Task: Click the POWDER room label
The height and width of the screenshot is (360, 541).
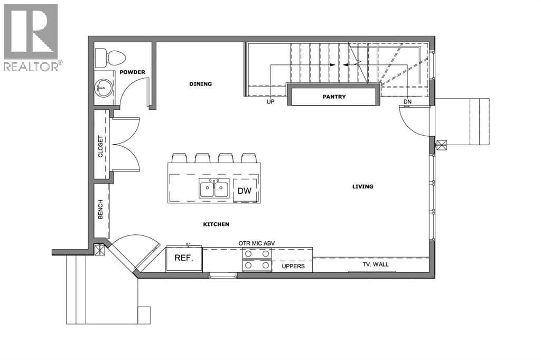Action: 132,72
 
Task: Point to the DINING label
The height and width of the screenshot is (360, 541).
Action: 200,84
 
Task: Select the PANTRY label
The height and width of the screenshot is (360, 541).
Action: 334,97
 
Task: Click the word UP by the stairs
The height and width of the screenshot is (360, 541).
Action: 270,102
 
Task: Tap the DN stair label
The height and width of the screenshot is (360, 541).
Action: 407,102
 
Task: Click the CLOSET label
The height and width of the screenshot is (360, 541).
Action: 100,146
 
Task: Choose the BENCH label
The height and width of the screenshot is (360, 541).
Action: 100,209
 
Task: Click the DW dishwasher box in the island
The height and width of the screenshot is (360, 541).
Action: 245,191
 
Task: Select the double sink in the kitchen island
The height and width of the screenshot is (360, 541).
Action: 214,188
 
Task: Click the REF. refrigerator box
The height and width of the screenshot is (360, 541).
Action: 184,259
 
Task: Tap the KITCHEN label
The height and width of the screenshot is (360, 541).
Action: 216,224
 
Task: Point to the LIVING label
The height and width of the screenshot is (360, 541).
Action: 362,186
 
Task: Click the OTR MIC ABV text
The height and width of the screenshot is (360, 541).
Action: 257,243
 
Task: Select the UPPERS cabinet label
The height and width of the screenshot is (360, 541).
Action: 293,266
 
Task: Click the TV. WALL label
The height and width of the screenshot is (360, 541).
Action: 376,264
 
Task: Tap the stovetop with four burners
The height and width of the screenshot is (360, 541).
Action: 257,259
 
